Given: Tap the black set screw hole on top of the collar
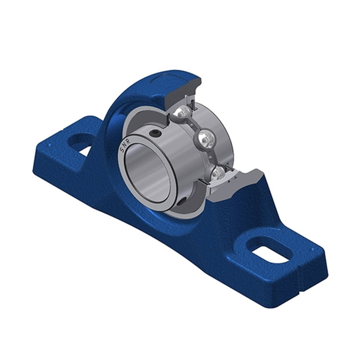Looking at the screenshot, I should (x=155, y=134).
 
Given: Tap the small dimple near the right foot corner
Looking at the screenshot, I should (x=309, y=245).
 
